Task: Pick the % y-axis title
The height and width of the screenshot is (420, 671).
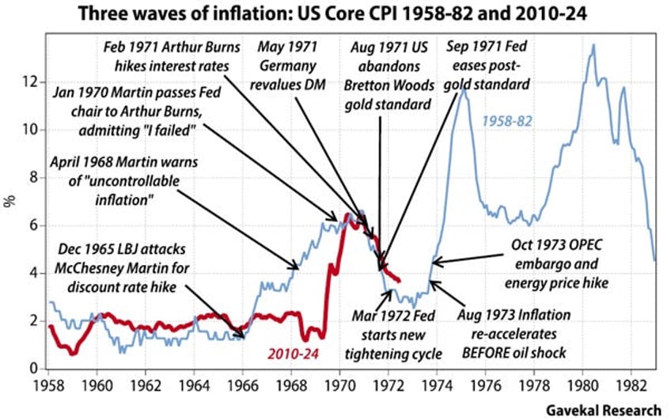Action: click(10, 201)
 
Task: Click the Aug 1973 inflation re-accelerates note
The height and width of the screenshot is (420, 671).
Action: click(524, 332)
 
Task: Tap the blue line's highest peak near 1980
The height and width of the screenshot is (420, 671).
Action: click(593, 46)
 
